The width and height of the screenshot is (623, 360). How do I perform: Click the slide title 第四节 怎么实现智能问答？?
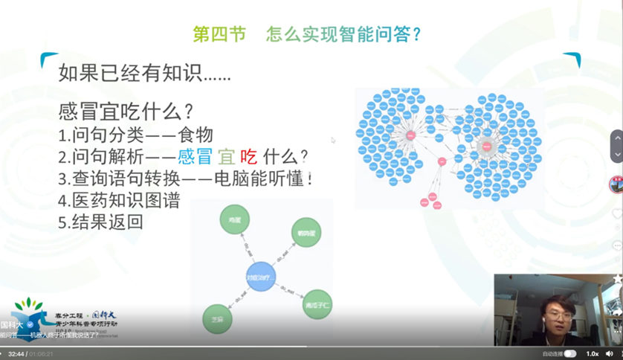tap(307, 34)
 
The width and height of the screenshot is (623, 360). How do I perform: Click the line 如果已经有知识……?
tap(144, 73)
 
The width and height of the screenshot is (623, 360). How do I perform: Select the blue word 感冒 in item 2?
tap(195, 157)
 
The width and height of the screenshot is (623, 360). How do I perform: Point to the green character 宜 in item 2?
tap(225, 157)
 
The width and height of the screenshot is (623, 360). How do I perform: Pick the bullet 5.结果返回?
tap(100, 222)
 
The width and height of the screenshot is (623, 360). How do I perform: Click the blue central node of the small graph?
tap(260, 277)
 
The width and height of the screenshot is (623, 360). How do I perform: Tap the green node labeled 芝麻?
tap(217, 319)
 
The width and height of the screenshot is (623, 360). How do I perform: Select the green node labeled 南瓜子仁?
tap(317, 304)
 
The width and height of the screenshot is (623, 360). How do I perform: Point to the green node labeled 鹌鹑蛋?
tap(306, 233)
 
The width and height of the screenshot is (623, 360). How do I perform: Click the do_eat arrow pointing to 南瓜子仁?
tap(290, 291)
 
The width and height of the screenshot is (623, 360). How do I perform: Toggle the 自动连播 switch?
tap(569, 353)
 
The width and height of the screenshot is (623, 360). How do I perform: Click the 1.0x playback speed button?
tap(593, 353)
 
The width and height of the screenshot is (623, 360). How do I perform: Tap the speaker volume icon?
tap(610, 353)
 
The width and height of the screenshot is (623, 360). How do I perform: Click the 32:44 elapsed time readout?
tap(16, 354)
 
